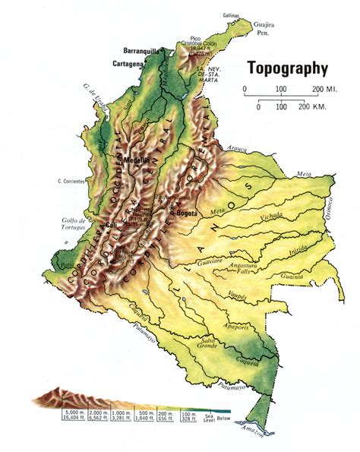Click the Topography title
[286, 68]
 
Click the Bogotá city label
[185, 213]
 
